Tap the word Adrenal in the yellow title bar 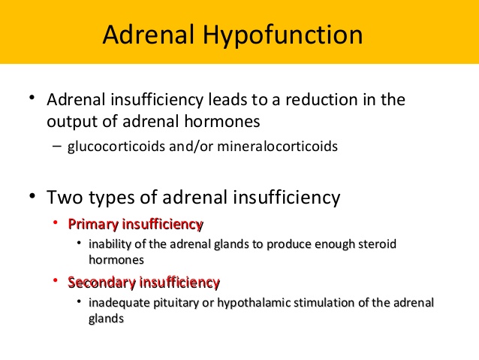click(x=149, y=34)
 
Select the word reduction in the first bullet click(x=321, y=99)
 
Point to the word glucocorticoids click(x=116, y=147)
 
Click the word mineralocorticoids click(x=277, y=146)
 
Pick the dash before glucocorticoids click(x=57, y=146)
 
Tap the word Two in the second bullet click(x=65, y=197)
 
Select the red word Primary click(x=93, y=225)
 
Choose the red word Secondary click(x=101, y=283)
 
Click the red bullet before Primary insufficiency click(x=56, y=222)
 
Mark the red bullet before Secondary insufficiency click(x=56, y=280)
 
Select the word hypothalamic click(x=255, y=304)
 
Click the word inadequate click(x=119, y=304)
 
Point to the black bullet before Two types click(x=32, y=195)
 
